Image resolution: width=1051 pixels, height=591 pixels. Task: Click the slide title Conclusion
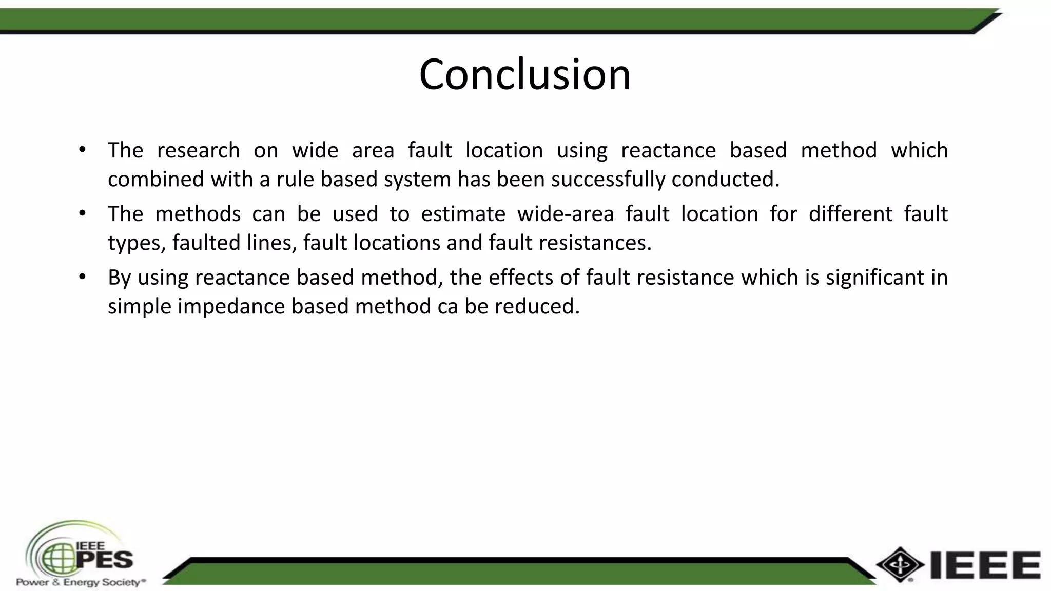(x=524, y=75)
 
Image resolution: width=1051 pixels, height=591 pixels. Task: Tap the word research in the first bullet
(x=198, y=150)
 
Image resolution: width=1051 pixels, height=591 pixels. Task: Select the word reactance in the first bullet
(x=668, y=150)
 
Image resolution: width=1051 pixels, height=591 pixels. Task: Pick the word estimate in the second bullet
(x=463, y=214)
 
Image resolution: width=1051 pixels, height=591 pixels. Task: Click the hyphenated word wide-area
(x=566, y=214)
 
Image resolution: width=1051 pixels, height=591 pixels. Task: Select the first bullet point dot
(x=83, y=150)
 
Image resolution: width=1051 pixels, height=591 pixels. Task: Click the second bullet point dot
(x=83, y=214)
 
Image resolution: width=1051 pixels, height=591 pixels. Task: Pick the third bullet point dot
(x=83, y=278)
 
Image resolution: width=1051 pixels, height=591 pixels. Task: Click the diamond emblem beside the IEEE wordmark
(x=900, y=564)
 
